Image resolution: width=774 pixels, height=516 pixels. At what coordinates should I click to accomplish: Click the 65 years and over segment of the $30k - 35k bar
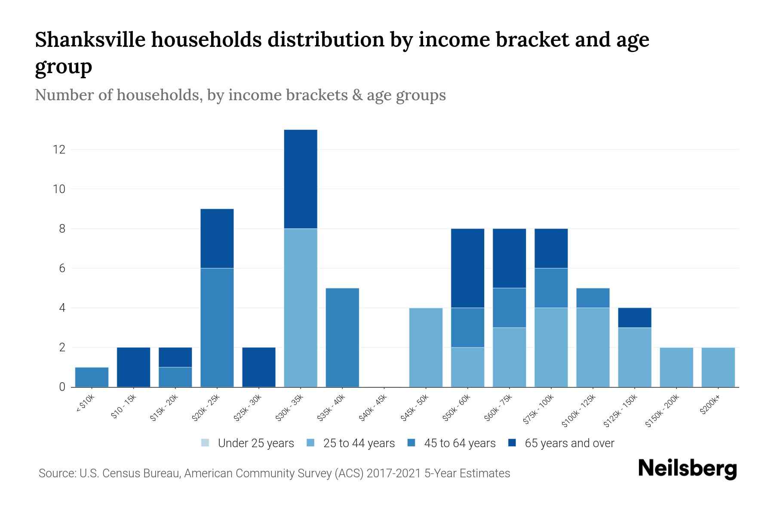click(x=301, y=179)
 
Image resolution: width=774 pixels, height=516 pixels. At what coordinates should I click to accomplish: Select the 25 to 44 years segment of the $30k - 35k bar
click(x=301, y=307)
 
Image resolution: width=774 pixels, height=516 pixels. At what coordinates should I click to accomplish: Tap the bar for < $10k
click(x=92, y=377)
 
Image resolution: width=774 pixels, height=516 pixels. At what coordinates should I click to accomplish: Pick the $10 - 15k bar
click(x=133, y=367)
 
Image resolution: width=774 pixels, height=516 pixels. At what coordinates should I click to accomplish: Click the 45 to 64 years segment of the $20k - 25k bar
click(x=217, y=327)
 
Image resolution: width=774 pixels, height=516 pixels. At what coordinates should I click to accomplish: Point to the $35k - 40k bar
click(x=342, y=338)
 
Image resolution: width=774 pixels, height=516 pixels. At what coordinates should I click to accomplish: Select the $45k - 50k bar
click(x=426, y=347)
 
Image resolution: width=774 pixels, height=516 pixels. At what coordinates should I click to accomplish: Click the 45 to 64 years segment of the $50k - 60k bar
click(x=467, y=327)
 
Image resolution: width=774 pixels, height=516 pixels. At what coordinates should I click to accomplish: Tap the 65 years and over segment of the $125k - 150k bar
click(x=635, y=318)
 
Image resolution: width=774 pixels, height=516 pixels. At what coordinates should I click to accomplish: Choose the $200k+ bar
click(x=718, y=367)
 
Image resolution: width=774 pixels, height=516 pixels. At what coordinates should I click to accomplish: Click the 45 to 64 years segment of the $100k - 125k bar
click(x=593, y=298)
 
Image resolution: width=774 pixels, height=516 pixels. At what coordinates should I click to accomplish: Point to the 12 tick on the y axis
click(x=59, y=150)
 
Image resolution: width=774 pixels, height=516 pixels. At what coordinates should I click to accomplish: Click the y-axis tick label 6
click(x=62, y=268)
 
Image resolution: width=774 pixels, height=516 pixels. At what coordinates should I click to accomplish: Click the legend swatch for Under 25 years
click(x=206, y=443)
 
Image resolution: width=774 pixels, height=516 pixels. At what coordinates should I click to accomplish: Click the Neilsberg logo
click(x=687, y=469)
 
